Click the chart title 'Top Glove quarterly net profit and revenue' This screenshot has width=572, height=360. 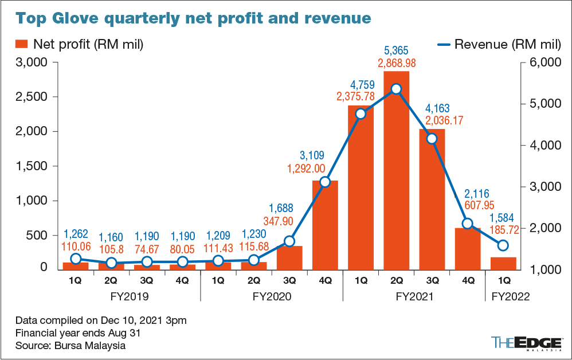[x=193, y=18]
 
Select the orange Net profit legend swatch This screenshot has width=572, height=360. [x=22, y=44]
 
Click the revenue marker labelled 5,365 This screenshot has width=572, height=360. [x=396, y=89]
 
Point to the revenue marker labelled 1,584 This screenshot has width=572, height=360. [x=503, y=245]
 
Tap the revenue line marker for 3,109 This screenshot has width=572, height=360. [x=325, y=182]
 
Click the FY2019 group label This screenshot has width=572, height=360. [x=130, y=297]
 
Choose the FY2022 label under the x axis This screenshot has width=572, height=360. [x=506, y=297]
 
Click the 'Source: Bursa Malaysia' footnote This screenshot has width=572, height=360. [x=70, y=346]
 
